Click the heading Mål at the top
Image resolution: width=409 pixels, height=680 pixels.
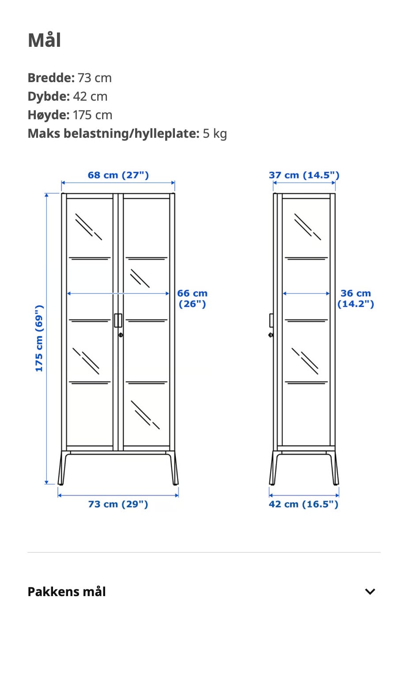coord(44,40)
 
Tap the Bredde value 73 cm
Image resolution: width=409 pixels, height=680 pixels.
coord(95,78)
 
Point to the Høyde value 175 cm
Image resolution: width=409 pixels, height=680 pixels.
coord(93,115)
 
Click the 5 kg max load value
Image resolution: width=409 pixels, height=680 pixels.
coord(215,134)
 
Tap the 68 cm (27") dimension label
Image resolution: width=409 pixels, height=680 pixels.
coord(118,175)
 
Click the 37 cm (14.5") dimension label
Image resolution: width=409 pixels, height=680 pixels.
coord(304,175)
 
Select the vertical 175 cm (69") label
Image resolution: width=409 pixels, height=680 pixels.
coord(39,338)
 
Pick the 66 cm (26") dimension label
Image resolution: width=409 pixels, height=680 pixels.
coord(192,298)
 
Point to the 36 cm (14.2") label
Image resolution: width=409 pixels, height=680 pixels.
coord(356,298)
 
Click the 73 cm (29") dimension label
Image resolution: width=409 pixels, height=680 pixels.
coord(118,504)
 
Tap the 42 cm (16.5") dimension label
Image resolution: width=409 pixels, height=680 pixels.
coord(303,504)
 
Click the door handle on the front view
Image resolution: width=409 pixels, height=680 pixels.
coord(118,320)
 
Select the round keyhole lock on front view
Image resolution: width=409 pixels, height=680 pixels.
coord(121,335)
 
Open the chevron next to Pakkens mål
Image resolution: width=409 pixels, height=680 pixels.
coord(370,591)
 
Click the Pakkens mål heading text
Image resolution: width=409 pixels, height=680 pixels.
coord(67,591)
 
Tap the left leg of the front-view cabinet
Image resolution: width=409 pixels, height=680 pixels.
coord(62,468)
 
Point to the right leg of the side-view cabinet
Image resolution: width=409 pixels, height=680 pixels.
coord(335,468)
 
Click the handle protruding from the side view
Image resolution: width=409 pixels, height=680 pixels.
coord(272,320)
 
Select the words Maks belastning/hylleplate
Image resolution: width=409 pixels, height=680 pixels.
coord(114,134)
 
